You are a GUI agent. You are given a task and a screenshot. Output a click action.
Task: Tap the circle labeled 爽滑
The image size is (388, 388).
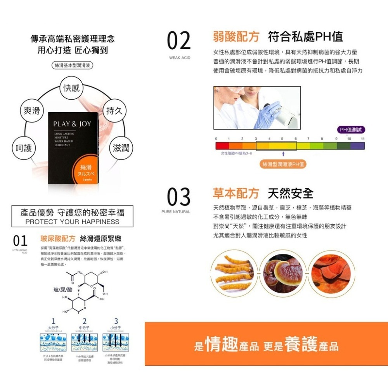pyautogui.click(x=32, y=111)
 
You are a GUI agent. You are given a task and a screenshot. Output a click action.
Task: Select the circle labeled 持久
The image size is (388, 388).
pyautogui.click(x=114, y=111)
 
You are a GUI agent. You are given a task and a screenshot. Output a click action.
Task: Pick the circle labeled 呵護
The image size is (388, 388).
pyautogui.click(x=24, y=148)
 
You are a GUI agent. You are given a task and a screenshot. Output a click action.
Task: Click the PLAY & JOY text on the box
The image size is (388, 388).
pyautogui.click(x=72, y=124)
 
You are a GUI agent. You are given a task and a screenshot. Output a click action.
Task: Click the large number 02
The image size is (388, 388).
pyautogui.click(x=179, y=41)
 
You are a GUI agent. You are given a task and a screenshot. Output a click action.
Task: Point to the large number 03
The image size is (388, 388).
pyautogui.click(x=179, y=197)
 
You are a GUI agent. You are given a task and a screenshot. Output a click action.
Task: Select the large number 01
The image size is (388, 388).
pyautogui.click(x=20, y=241)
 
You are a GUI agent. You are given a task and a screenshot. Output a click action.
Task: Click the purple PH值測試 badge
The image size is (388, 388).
pyautogui.click(x=351, y=130)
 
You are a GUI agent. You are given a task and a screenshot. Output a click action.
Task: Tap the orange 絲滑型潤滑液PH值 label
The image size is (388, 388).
pyautogui.click(x=283, y=164)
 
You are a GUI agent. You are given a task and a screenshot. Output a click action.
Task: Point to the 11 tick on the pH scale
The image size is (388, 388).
pyautogui.click(x=362, y=138)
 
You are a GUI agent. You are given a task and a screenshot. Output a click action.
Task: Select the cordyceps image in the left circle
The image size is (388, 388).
pyautogui.click(x=232, y=273)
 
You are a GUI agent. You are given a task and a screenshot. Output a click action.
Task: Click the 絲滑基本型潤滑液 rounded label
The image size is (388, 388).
pyautogui.click(x=73, y=65)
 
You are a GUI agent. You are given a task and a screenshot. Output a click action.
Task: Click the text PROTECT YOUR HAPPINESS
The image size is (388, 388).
pyautogui.click(x=72, y=222)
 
